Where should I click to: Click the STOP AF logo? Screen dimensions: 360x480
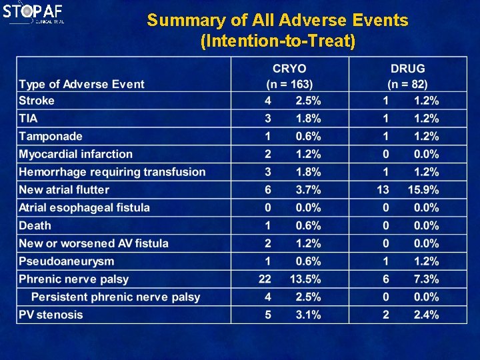[x=33, y=13]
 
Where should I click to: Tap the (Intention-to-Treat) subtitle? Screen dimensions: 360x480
[x=278, y=41]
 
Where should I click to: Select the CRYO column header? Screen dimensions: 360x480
[x=289, y=69]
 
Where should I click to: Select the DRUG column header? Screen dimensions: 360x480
[x=407, y=69]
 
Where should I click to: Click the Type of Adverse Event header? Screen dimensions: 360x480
[x=81, y=84]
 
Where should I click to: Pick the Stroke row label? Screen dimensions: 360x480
[x=37, y=101]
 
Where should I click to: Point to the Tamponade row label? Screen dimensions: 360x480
[x=51, y=137]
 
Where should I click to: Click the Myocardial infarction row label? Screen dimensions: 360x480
[x=75, y=154]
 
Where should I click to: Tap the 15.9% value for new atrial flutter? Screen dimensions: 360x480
[x=423, y=190]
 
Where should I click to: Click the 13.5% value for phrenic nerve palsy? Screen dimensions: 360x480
[x=305, y=279]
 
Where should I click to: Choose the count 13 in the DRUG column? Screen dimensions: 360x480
[x=383, y=190]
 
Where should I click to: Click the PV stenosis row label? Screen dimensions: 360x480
[x=51, y=315]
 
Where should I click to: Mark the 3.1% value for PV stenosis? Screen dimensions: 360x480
[x=307, y=315]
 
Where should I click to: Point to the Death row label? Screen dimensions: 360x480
[x=35, y=225]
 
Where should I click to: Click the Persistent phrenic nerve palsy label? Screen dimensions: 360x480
[x=115, y=297]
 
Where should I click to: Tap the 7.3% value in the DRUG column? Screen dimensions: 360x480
[x=425, y=279]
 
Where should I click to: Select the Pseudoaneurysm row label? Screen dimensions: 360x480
[x=66, y=261]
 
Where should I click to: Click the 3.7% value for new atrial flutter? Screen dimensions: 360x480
[x=307, y=190]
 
